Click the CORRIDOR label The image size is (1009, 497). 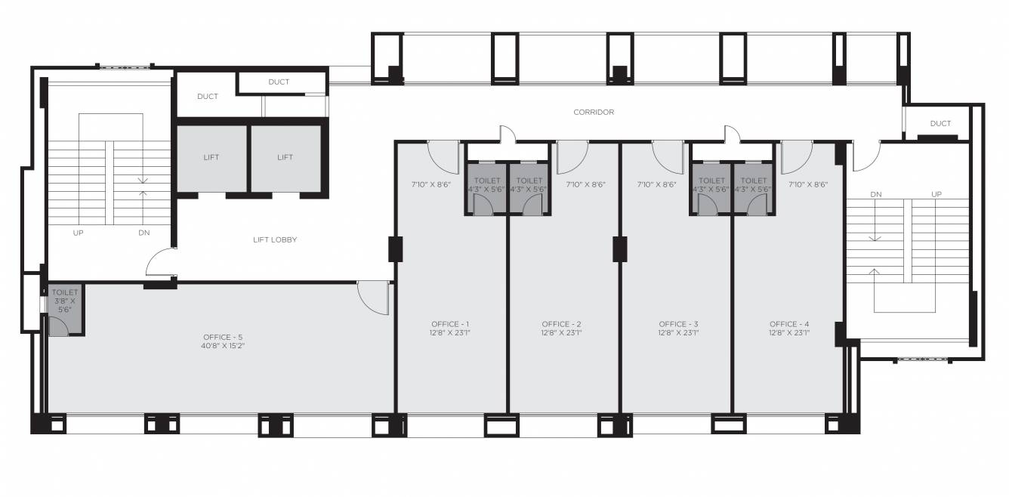tap(593, 112)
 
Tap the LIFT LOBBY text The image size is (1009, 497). tap(274, 239)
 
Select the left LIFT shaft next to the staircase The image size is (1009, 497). tap(211, 157)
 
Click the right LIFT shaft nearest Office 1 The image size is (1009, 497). tap(285, 157)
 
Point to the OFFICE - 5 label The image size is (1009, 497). tap(223, 337)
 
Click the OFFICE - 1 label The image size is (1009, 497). tap(451, 324)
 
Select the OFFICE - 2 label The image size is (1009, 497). tap(561, 324)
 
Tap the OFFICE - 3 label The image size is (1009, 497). tap(677, 324)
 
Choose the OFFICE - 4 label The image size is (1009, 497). tap(789, 324)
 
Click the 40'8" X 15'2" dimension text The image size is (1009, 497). tap(223, 345)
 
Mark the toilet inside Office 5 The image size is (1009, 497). tap(65, 310)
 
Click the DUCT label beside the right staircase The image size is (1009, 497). tap(940, 123)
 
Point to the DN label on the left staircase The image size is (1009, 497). tap(143, 233)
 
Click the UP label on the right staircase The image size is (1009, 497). tap(936, 194)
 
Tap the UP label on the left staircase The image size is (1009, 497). tap(78, 233)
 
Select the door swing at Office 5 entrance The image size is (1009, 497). tap(373, 298)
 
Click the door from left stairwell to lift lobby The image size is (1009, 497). tap(160, 264)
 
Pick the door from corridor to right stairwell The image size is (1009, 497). tap(866, 155)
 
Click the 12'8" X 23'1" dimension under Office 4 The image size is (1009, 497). tap(789, 332)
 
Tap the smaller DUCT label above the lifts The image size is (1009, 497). tap(279, 82)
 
